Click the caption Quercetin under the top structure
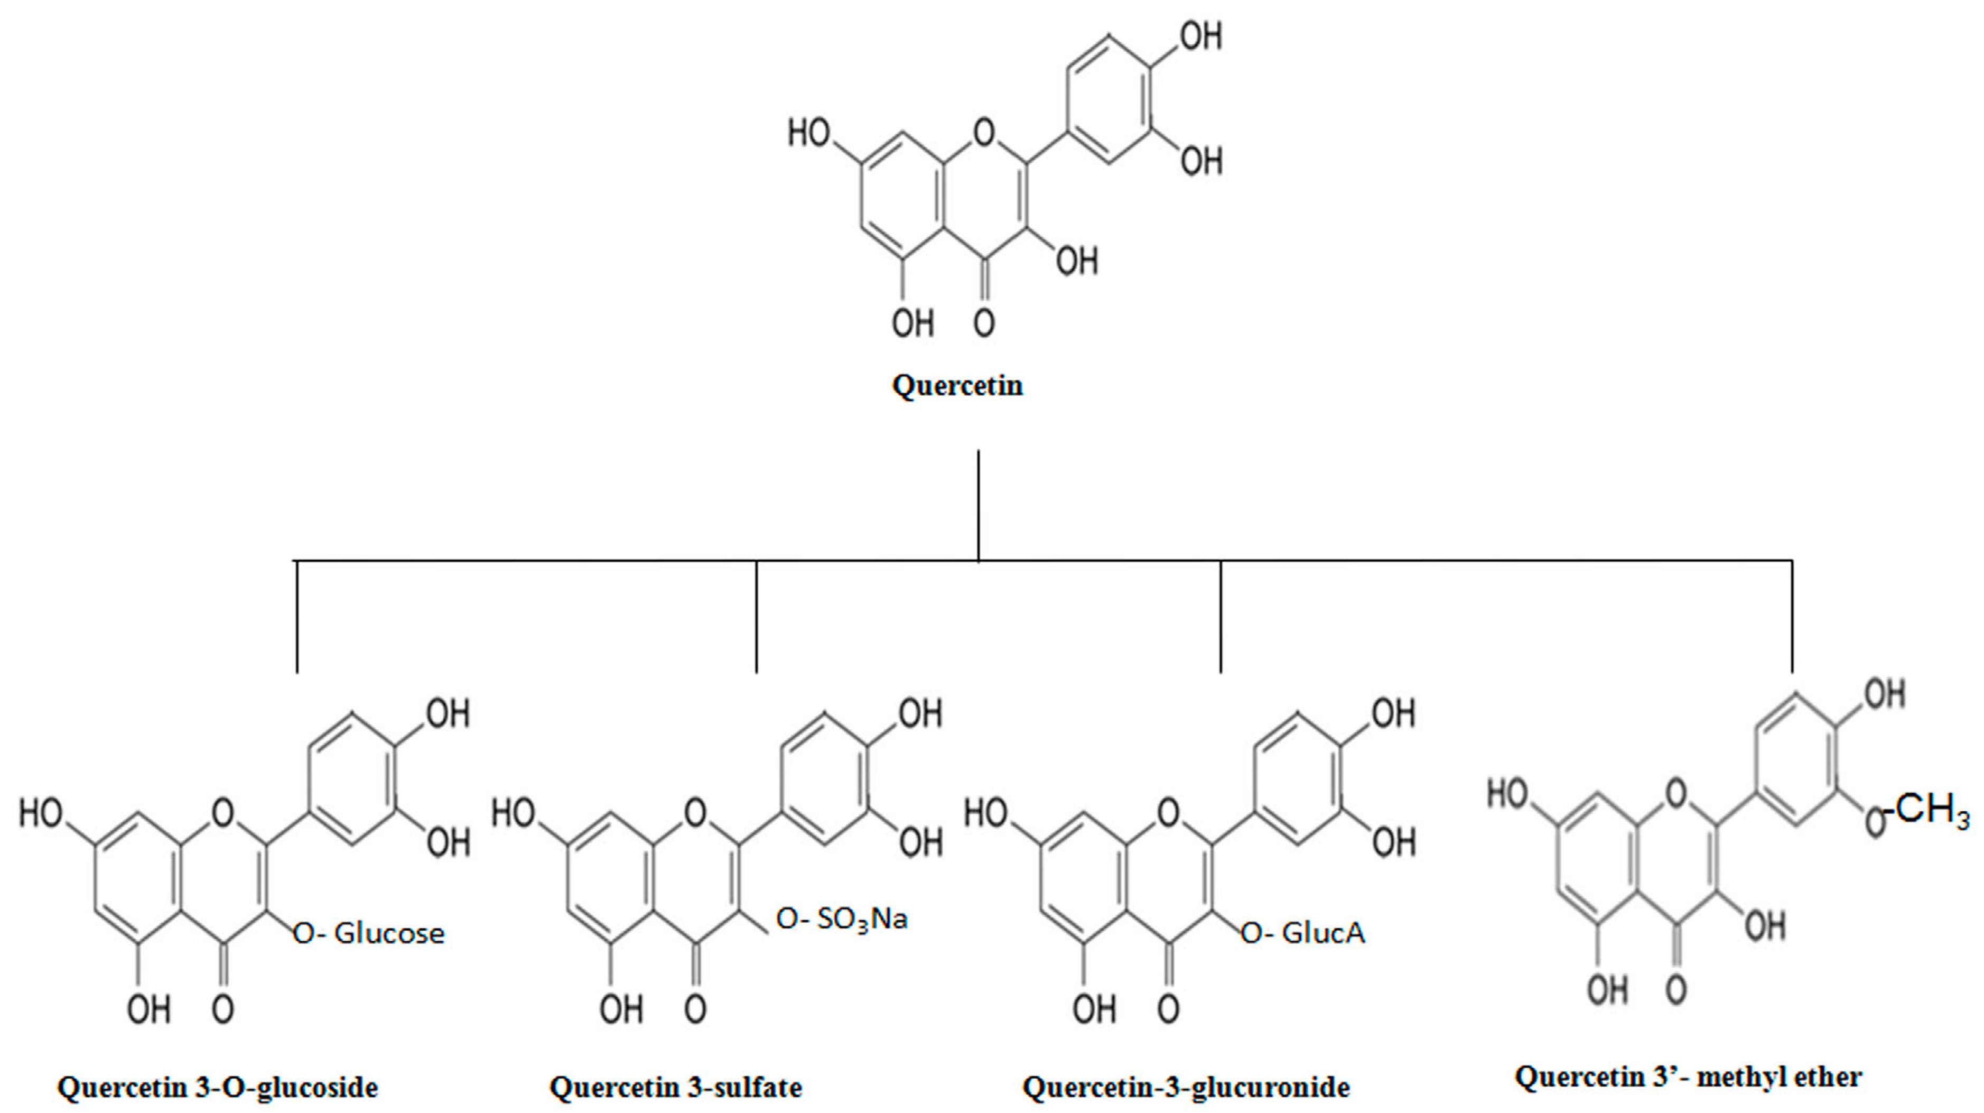[x=957, y=385]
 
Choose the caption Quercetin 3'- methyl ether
[x=1688, y=1076]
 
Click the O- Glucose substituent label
[x=369, y=933]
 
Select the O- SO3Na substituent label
[x=842, y=919]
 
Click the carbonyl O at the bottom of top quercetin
[x=983, y=323]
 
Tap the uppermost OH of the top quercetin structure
[x=1201, y=36]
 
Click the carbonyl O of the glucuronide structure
[x=1168, y=1008]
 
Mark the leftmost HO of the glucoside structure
[x=41, y=813]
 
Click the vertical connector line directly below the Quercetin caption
[x=978, y=505]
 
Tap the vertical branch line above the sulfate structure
[x=756, y=616]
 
